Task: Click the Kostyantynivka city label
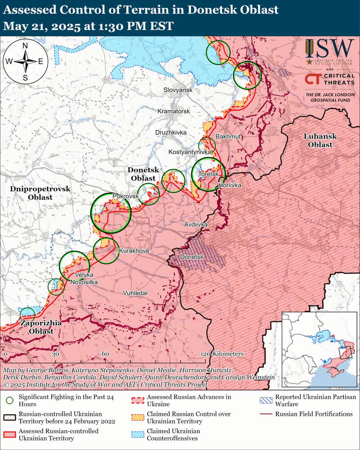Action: (x=190, y=153)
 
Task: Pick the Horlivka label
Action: (x=229, y=185)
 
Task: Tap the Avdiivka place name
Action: (x=196, y=224)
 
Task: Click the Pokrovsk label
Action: (x=125, y=197)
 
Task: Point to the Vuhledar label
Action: (x=135, y=293)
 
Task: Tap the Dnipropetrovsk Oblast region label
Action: (x=40, y=193)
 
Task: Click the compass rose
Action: (x=26, y=61)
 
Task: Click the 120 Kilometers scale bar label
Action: (x=222, y=354)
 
